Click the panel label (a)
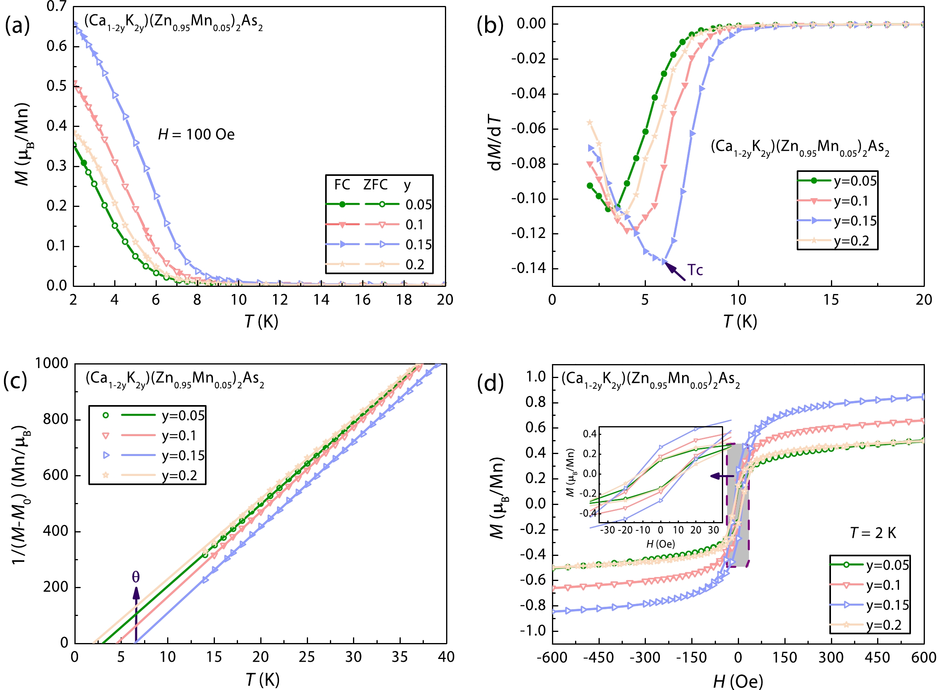[17, 26]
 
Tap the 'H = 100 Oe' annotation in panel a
[196, 134]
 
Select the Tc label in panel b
[695, 270]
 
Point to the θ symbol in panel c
[136, 577]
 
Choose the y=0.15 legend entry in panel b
[855, 220]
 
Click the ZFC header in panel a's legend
[375, 185]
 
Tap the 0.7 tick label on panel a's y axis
[57, 6]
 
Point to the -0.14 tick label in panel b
[529, 268]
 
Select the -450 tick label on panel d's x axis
[599, 657]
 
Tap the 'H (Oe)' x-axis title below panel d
[738, 681]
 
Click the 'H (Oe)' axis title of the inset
[660, 544]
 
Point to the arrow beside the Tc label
[674, 271]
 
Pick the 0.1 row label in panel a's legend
[414, 225]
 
